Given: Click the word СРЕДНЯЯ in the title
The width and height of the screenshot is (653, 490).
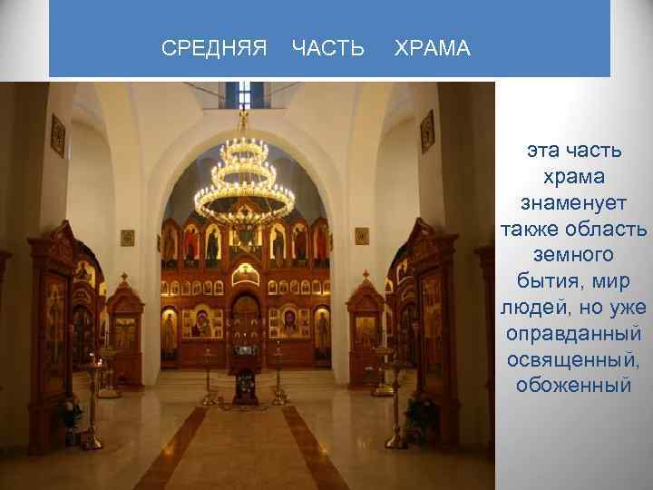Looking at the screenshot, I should pos(214,47).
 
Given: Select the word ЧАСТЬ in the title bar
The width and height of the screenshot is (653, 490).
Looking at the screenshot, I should pos(328,47).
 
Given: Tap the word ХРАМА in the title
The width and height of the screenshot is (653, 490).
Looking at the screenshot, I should pos(433,47).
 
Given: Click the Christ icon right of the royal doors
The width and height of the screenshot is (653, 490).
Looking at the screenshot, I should pos(288,322).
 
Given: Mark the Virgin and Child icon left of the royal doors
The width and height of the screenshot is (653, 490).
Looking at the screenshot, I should pos(201,322).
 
